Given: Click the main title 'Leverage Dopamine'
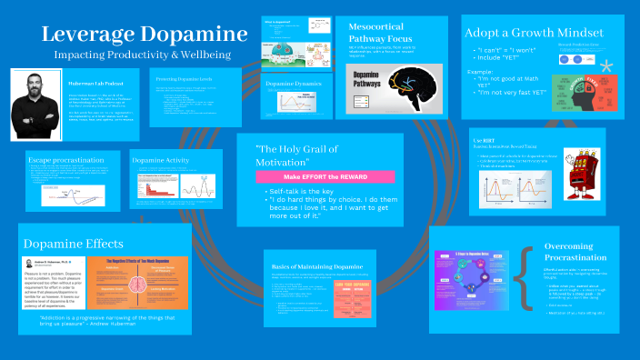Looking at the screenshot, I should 143,35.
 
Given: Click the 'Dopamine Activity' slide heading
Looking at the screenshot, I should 161,160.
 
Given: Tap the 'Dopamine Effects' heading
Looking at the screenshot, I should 73,244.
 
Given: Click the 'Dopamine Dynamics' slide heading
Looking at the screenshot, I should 295,84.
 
